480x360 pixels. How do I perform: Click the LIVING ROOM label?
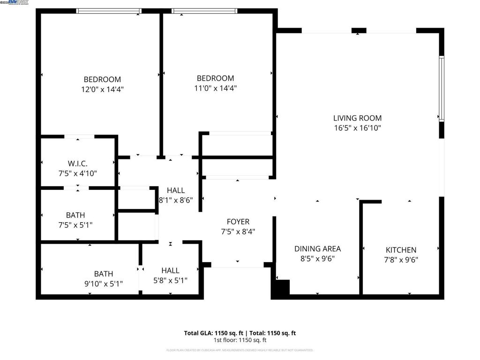point(357,118)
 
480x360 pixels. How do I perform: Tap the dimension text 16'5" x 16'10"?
point(357,128)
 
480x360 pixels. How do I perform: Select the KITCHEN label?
point(401,250)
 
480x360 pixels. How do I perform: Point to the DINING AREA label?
point(317,248)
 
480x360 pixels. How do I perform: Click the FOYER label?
point(238,222)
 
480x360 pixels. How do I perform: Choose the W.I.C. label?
point(78,164)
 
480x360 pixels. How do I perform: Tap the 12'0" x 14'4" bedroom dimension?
point(102,89)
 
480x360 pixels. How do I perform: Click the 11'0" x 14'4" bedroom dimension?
point(215,88)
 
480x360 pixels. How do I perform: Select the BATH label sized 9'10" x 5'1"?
point(103,274)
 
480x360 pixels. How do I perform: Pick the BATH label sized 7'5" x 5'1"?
point(75,215)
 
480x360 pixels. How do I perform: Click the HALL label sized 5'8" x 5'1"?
point(170,270)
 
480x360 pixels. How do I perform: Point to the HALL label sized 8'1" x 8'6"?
point(176,190)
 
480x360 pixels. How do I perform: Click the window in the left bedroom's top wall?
point(109,11)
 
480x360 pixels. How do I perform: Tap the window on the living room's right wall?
point(441,89)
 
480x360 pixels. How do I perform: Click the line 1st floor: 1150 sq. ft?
point(240,340)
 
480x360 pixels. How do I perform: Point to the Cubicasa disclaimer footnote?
point(240,350)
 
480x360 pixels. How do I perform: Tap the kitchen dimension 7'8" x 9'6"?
point(401,259)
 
